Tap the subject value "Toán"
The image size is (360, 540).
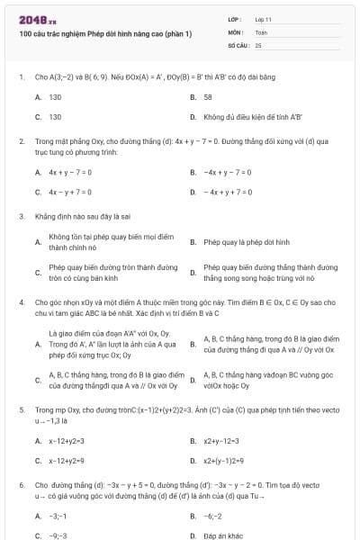(261, 31)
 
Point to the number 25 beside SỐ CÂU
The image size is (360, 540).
(258, 44)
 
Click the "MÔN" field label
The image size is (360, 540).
(236, 31)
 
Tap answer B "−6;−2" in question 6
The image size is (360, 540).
(213, 516)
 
